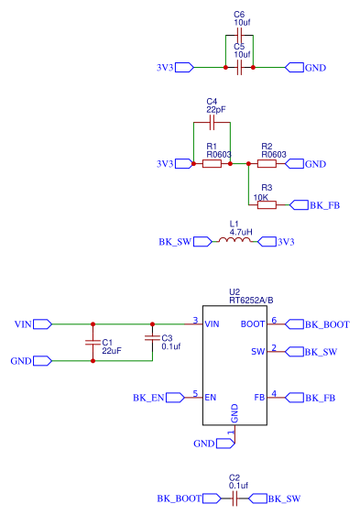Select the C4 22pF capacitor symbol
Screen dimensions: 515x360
[x=212, y=121]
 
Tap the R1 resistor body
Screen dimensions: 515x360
[x=212, y=164]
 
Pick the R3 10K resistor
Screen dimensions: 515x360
[x=267, y=205]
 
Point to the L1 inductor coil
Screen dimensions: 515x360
[x=234, y=241]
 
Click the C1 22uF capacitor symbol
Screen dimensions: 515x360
[x=93, y=343]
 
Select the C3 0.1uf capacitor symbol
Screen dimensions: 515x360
[x=152, y=338]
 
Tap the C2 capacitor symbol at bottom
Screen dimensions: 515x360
[x=235, y=499]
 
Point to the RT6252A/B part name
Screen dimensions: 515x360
[x=251, y=300]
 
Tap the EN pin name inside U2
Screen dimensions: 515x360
[x=211, y=398]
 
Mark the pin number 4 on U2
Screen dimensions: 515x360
[x=274, y=394]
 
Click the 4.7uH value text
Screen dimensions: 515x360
[x=241, y=232]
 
